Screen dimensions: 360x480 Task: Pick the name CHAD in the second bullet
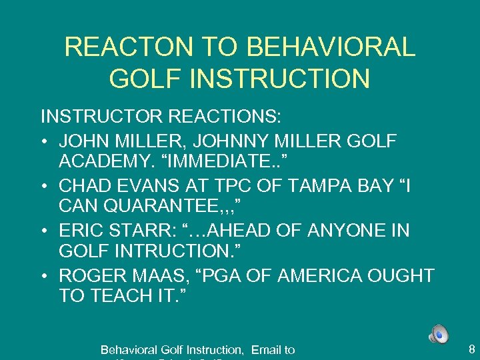pyautogui.click(x=83, y=185)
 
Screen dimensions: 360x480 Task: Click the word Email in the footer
pyautogui.click(x=265, y=349)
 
